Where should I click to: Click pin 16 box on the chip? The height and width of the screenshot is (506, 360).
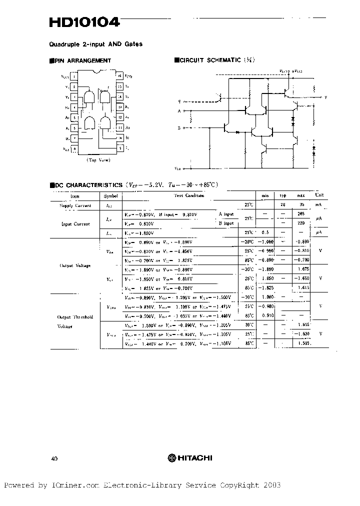pos(120,76)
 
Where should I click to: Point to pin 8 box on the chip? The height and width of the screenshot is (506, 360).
pos(74,148)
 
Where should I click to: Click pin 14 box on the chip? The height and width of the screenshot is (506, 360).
pos(120,97)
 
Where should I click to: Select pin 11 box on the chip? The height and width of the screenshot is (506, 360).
pos(120,128)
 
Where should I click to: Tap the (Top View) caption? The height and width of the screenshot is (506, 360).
pos(98,160)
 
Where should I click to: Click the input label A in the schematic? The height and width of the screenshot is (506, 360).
pos(179,110)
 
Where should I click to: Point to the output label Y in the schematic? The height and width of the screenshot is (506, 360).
pos(326,97)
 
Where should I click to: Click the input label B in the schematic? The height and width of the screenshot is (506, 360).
pos(179,127)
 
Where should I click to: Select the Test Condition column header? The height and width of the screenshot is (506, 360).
pos(189,196)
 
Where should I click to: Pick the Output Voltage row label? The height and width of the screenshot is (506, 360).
pos(75,265)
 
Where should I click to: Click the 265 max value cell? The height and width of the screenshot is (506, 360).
pos(301,214)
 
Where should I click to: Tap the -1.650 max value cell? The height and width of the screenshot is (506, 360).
pos(301,278)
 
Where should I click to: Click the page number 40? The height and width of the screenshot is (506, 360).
pos(54,458)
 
